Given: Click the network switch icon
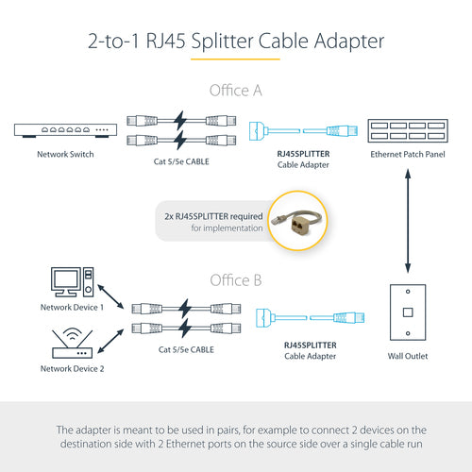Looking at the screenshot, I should (55, 129).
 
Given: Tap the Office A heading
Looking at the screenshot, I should (235, 91).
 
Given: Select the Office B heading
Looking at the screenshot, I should (235, 280).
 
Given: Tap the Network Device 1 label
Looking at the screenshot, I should (72, 307).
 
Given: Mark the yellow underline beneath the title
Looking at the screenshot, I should (235, 59).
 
